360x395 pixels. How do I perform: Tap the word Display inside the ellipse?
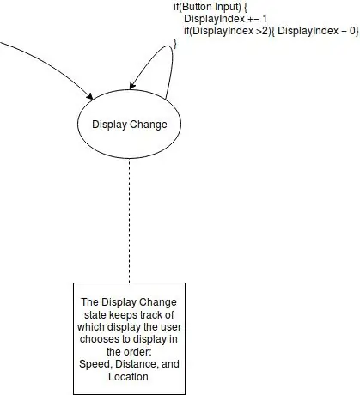(109, 125)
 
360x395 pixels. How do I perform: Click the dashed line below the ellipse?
(130, 221)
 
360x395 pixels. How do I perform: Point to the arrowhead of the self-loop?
(132, 86)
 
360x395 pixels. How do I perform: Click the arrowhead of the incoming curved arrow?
(89, 96)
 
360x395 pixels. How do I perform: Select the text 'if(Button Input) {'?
(211, 7)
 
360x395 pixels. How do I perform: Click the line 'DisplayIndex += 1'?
(225, 19)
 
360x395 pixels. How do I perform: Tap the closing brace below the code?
(174, 44)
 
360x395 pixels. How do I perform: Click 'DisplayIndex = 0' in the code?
(316, 31)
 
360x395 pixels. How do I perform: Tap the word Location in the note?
(128, 376)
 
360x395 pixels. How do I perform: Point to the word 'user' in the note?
(171, 327)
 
